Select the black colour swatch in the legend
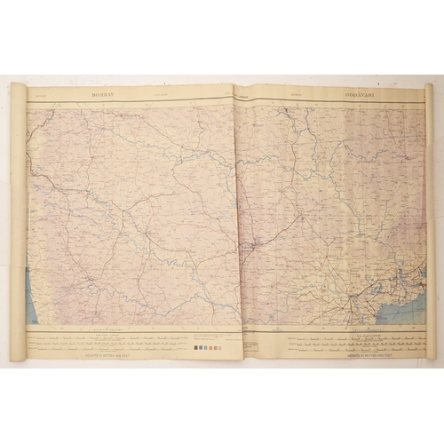tap(196, 348)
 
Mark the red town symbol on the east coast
tap(423, 284)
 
